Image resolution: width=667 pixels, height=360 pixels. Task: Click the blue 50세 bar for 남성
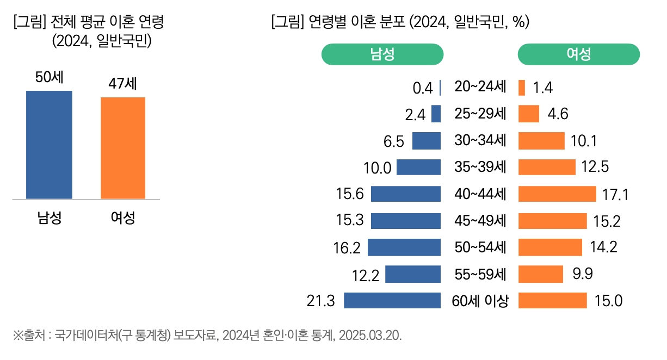(49, 145)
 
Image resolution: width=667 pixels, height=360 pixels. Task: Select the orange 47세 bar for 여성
(123, 148)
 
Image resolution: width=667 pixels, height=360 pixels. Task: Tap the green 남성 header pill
(382, 54)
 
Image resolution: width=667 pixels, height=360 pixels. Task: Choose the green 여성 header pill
(578, 54)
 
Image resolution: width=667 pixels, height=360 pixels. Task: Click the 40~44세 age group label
(480, 194)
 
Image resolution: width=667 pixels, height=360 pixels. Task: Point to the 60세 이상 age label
(480, 301)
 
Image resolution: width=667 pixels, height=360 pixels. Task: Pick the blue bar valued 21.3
(392, 301)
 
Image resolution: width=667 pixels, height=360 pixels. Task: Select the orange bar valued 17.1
(557, 194)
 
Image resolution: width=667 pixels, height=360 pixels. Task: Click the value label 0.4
(423, 88)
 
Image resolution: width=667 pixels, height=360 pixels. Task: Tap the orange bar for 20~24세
(522, 88)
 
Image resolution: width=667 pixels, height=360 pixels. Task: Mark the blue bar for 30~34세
(427, 141)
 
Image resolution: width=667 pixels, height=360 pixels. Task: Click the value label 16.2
(347, 248)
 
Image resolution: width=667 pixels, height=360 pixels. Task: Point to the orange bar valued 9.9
(541, 274)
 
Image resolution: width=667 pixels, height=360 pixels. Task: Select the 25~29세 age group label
(480, 114)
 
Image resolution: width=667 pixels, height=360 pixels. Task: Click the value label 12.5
(595, 167)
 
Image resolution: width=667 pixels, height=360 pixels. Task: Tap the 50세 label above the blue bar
(50, 77)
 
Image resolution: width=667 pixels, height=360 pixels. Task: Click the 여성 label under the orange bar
(123, 219)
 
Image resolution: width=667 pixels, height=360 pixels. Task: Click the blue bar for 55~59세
(413, 274)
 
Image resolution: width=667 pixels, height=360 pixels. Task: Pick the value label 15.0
(608, 301)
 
